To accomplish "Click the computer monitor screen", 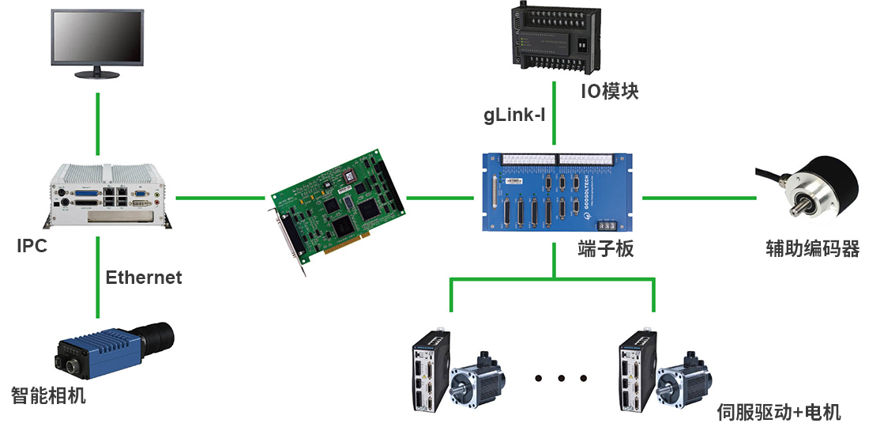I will pyautogui.click(x=97, y=39).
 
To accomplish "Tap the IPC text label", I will pyautogui.click(x=32, y=247).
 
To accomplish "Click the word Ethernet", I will pyautogui.click(x=143, y=278).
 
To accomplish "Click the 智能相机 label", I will pyautogui.click(x=48, y=395).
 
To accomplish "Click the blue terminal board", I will pyautogui.click(x=555, y=192).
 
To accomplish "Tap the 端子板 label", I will pyautogui.click(x=605, y=250).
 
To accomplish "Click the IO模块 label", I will pyautogui.click(x=609, y=92).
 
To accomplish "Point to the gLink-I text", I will pyautogui.click(x=514, y=115).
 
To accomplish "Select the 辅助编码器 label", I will pyautogui.click(x=812, y=250).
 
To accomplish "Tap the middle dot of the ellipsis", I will pyautogui.click(x=562, y=378).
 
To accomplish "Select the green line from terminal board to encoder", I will pyautogui.click(x=698, y=197).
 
